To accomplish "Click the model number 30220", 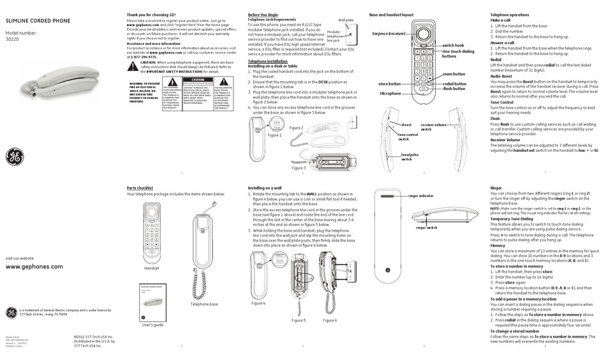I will click(x=12, y=38).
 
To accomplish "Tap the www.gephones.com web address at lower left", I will click(x=34, y=266).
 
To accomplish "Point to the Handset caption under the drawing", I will click(x=152, y=269).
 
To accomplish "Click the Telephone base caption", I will click(x=203, y=304).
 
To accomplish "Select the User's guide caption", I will click(x=153, y=325).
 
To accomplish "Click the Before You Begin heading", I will click(x=263, y=14).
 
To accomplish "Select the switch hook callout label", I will click(x=453, y=45).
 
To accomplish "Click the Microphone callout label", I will click(x=390, y=93).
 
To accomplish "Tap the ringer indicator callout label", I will click(x=420, y=195).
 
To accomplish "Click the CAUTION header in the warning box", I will click(x=198, y=80).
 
